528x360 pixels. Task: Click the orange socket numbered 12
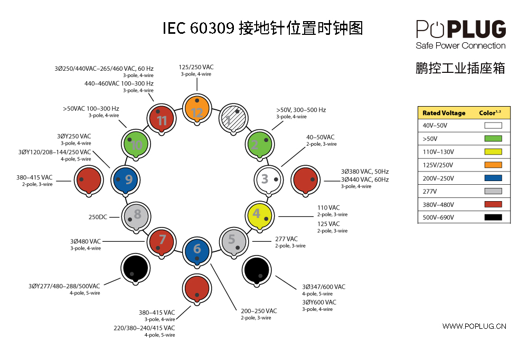197,109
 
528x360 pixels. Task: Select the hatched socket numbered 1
233,119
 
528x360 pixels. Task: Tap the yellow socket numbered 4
260,215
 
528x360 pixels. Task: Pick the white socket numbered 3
268,179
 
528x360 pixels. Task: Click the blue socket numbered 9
125,180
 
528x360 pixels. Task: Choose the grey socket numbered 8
136,216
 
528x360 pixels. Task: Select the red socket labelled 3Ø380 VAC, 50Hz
305,180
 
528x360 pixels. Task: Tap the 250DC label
98,217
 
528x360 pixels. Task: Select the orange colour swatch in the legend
493,165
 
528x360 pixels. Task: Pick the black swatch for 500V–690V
493,217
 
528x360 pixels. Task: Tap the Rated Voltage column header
444,113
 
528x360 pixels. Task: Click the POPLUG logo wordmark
461,30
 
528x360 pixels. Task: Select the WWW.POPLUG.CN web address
474,326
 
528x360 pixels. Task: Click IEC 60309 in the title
199,28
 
